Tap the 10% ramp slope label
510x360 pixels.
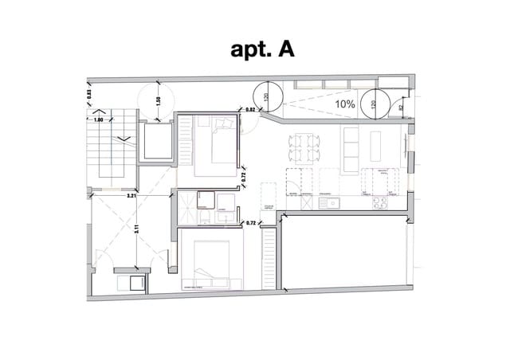[345, 104]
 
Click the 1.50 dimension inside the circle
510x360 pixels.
[159, 101]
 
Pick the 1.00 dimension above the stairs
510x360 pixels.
[100, 119]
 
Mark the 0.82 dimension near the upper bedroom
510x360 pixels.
[249, 109]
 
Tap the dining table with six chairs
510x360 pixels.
[305, 146]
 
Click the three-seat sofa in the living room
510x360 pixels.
[351, 148]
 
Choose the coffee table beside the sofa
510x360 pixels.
[376, 145]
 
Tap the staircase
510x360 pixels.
[106, 151]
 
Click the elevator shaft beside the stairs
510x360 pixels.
[158, 144]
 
